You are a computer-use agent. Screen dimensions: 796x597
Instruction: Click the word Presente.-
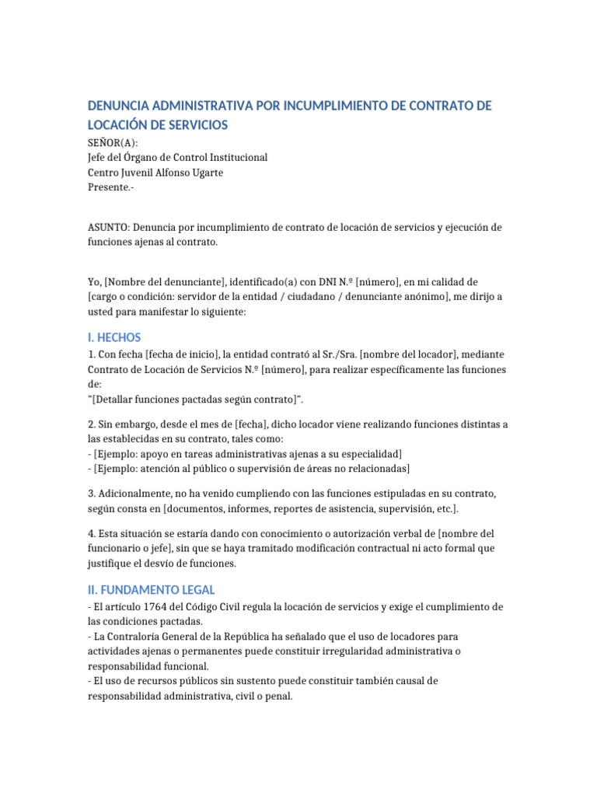(111, 187)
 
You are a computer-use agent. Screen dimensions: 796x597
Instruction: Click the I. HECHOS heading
(114, 337)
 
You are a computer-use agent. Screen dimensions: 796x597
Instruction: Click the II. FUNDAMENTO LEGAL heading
(152, 590)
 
